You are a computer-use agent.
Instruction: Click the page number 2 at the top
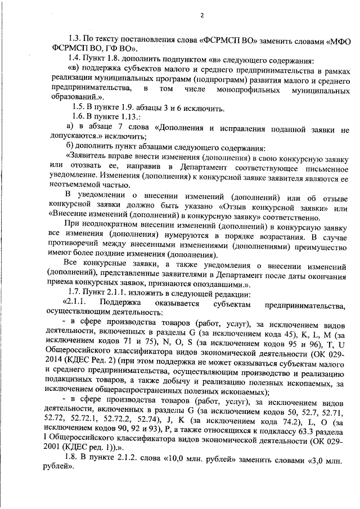click(201, 15)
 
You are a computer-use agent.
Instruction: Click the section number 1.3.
click(75, 42)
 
